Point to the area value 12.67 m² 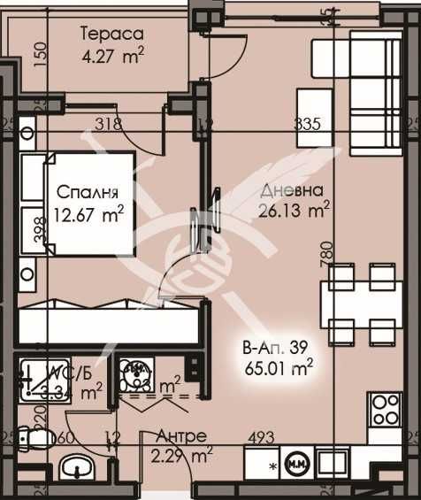(88, 212)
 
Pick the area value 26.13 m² (295, 210)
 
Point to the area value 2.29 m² (182, 456)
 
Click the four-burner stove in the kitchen (387, 411)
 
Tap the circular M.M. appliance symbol (296, 463)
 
